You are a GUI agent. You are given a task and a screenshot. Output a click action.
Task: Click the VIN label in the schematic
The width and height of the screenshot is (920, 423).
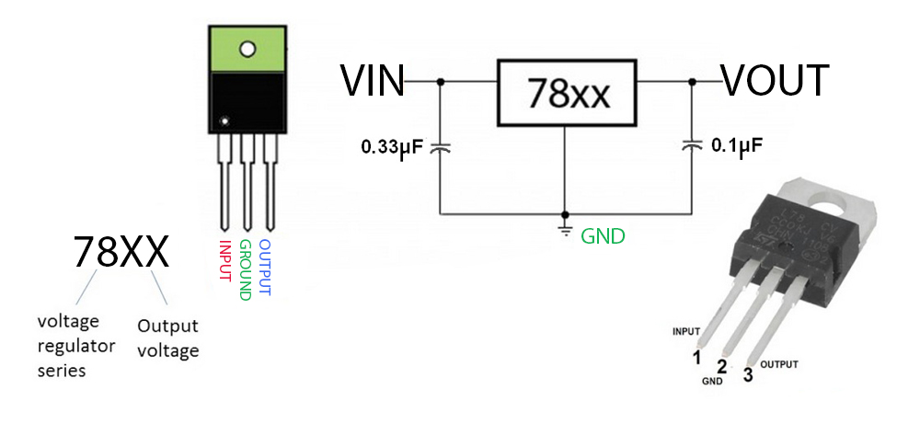pyautogui.click(x=373, y=81)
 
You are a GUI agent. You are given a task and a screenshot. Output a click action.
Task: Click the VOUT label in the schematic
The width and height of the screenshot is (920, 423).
pyautogui.click(x=775, y=81)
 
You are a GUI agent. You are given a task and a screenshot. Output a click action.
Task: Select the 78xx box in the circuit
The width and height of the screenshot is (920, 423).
pyautogui.click(x=568, y=93)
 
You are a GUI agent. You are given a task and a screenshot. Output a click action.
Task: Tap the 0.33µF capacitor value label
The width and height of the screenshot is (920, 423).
pyautogui.click(x=392, y=146)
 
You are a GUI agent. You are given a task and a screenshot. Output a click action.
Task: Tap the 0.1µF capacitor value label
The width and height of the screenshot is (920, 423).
pyautogui.click(x=737, y=146)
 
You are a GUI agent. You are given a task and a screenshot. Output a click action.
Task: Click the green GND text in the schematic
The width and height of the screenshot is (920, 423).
pyautogui.click(x=603, y=236)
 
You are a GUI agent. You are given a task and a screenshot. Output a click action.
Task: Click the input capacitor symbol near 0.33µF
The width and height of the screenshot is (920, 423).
pyautogui.click(x=441, y=146)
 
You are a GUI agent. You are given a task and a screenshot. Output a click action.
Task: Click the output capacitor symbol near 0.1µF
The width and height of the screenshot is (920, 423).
pyautogui.click(x=690, y=145)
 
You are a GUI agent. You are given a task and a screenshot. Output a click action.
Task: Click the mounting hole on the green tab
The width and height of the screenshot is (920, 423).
pyautogui.click(x=247, y=48)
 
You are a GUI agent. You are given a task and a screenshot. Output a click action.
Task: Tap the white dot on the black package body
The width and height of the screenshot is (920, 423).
pyautogui.click(x=224, y=120)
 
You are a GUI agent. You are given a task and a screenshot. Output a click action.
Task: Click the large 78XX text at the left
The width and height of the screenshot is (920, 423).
pyautogui.click(x=121, y=251)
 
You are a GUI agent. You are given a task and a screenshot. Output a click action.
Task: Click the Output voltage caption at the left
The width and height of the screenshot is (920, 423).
pyautogui.click(x=167, y=337)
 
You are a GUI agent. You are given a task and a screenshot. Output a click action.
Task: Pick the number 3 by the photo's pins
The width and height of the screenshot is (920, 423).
pyautogui.click(x=748, y=374)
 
